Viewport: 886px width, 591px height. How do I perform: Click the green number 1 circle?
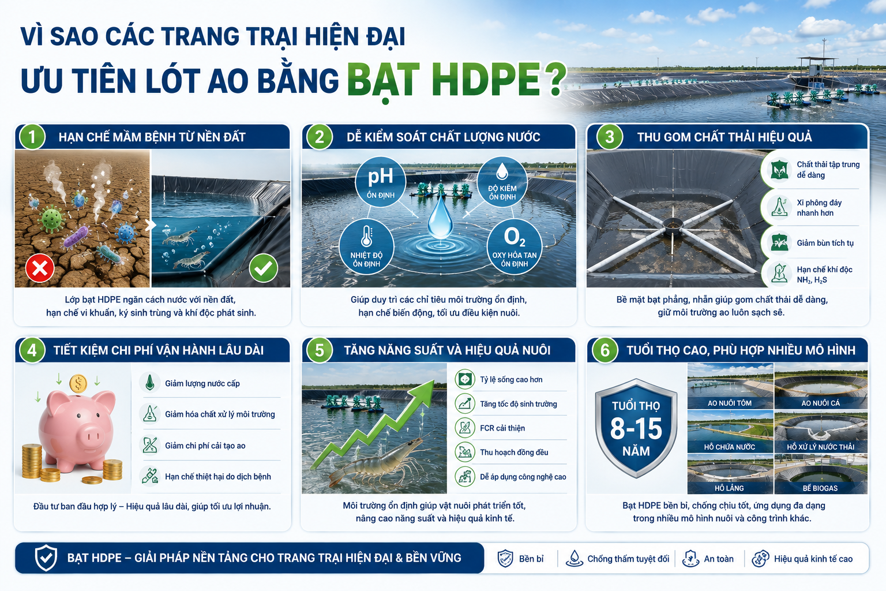(x=32, y=137)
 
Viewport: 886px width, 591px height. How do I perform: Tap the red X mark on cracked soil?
(x=40, y=268)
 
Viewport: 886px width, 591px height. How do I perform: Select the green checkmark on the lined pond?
(x=264, y=268)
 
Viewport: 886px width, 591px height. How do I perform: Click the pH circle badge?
(x=381, y=182)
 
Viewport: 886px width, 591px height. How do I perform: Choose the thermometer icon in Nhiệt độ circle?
(x=367, y=236)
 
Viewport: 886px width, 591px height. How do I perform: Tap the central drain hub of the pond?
(x=673, y=225)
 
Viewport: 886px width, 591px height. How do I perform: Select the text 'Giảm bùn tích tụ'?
(x=825, y=243)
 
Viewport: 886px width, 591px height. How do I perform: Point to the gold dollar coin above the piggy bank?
(x=78, y=383)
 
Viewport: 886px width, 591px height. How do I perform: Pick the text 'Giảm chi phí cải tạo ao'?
(x=205, y=446)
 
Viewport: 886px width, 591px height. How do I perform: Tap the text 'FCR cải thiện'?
(x=502, y=428)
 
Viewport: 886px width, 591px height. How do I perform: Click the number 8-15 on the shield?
(x=636, y=428)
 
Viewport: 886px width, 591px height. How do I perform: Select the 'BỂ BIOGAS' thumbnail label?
(x=820, y=488)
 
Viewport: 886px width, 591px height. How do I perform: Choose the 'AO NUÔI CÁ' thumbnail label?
(x=821, y=403)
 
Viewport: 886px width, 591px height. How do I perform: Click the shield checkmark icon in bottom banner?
(x=46, y=558)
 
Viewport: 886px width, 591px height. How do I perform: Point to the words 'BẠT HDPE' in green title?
(x=444, y=80)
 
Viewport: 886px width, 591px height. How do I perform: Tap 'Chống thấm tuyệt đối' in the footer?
(x=628, y=559)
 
